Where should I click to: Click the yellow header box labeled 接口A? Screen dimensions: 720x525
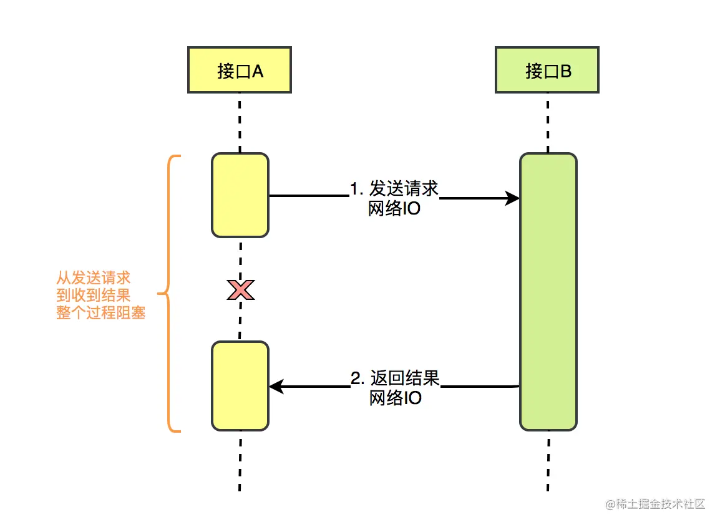click(239, 70)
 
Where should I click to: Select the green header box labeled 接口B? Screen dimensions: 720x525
click(547, 70)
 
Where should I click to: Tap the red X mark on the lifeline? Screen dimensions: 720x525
click(241, 290)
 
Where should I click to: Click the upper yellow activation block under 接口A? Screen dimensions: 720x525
click(240, 195)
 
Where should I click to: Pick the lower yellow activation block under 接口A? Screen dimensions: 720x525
click(240, 386)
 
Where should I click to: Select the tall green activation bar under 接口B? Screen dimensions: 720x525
click(548, 292)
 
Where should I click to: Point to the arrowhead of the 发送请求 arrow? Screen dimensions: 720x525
click(512, 198)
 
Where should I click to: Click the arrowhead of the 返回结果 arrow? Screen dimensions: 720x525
click(276, 387)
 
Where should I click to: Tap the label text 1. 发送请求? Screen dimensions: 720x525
click(394, 189)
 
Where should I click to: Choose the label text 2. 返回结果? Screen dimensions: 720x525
click(395, 378)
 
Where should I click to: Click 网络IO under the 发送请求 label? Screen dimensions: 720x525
click(394, 209)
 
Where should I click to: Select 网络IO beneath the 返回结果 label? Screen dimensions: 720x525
click(396, 398)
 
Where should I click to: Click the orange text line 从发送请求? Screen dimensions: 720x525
click(93, 278)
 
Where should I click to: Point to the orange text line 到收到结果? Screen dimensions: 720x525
click(93, 295)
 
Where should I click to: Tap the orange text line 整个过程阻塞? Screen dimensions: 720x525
click(100, 312)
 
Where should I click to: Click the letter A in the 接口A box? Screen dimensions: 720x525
click(258, 71)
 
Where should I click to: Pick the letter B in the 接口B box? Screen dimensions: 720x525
click(566, 71)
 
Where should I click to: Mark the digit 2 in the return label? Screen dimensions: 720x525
click(355, 378)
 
